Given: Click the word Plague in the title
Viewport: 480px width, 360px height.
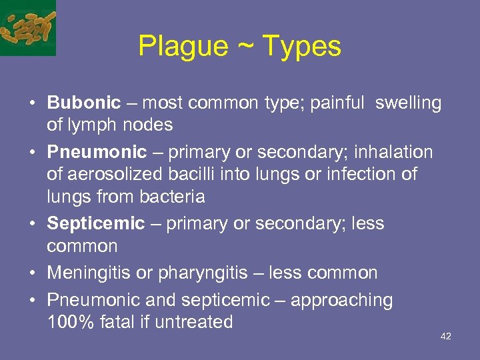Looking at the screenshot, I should pyautogui.click(x=182, y=46).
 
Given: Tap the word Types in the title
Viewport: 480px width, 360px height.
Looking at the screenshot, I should pyautogui.click(x=302, y=46).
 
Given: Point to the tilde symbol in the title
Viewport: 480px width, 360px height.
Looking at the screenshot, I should pyautogui.click(x=245, y=47).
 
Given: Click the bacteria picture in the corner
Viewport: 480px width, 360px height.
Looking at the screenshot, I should pyautogui.click(x=27, y=27).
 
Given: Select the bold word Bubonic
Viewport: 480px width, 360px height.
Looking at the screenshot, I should pyautogui.click(x=84, y=103).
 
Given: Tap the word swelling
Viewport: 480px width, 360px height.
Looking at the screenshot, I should pyautogui.click(x=408, y=103).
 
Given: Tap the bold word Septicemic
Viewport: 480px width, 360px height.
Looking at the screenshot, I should pyautogui.click(x=96, y=223).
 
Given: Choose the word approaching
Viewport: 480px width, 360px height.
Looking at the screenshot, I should pyautogui.click(x=342, y=301).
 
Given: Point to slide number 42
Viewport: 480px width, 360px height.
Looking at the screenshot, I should pyautogui.click(x=446, y=336).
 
